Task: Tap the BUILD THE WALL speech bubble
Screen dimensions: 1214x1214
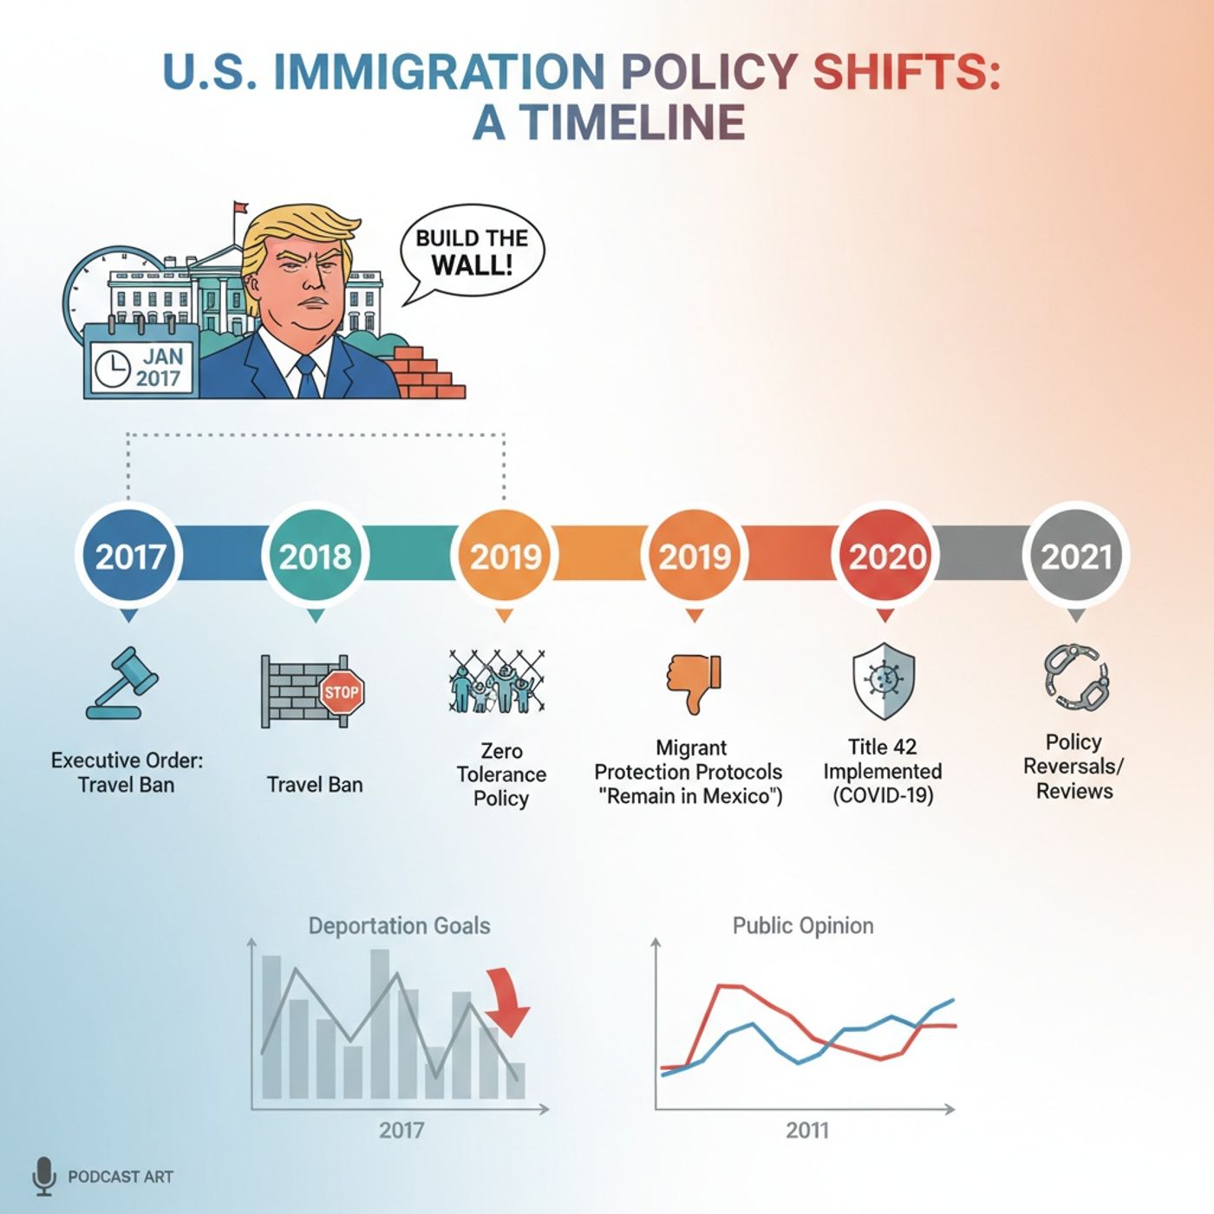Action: pyautogui.click(x=472, y=251)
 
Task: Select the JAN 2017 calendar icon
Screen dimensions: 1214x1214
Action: pyautogui.click(x=140, y=362)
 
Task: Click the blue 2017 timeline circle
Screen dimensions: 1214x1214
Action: pyautogui.click(x=129, y=556)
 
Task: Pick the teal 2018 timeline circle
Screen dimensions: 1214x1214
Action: pyautogui.click(x=316, y=556)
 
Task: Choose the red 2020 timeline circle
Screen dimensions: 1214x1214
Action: pyautogui.click(x=885, y=556)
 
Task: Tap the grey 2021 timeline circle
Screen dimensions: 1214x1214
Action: pyautogui.click(x=1075, y=556)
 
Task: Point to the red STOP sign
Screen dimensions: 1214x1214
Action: pyautogui.click(x=342, y=692)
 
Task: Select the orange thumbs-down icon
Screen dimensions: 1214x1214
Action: pyautogui.click(x=694, y=682)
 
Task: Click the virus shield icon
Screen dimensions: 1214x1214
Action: pyautogui.click(x=884, y=681)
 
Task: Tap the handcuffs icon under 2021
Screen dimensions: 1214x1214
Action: pyautogui.click(x=1076, y=676)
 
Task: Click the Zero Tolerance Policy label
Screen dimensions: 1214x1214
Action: pyautogui.click(x=501, y=774)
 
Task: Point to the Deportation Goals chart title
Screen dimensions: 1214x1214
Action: pyautogui.click(x=399, y=926)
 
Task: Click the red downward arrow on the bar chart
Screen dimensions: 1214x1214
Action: pyautogui.click(x=508, y=1002)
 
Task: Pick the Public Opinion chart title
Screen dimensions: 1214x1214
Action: pyautogui.click(x=803, y=926)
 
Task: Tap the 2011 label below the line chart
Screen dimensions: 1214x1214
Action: pyautogui.click(x=807, y=1130)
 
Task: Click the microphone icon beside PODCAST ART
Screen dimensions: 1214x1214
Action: pyautogui.click(x=43, y=1176)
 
